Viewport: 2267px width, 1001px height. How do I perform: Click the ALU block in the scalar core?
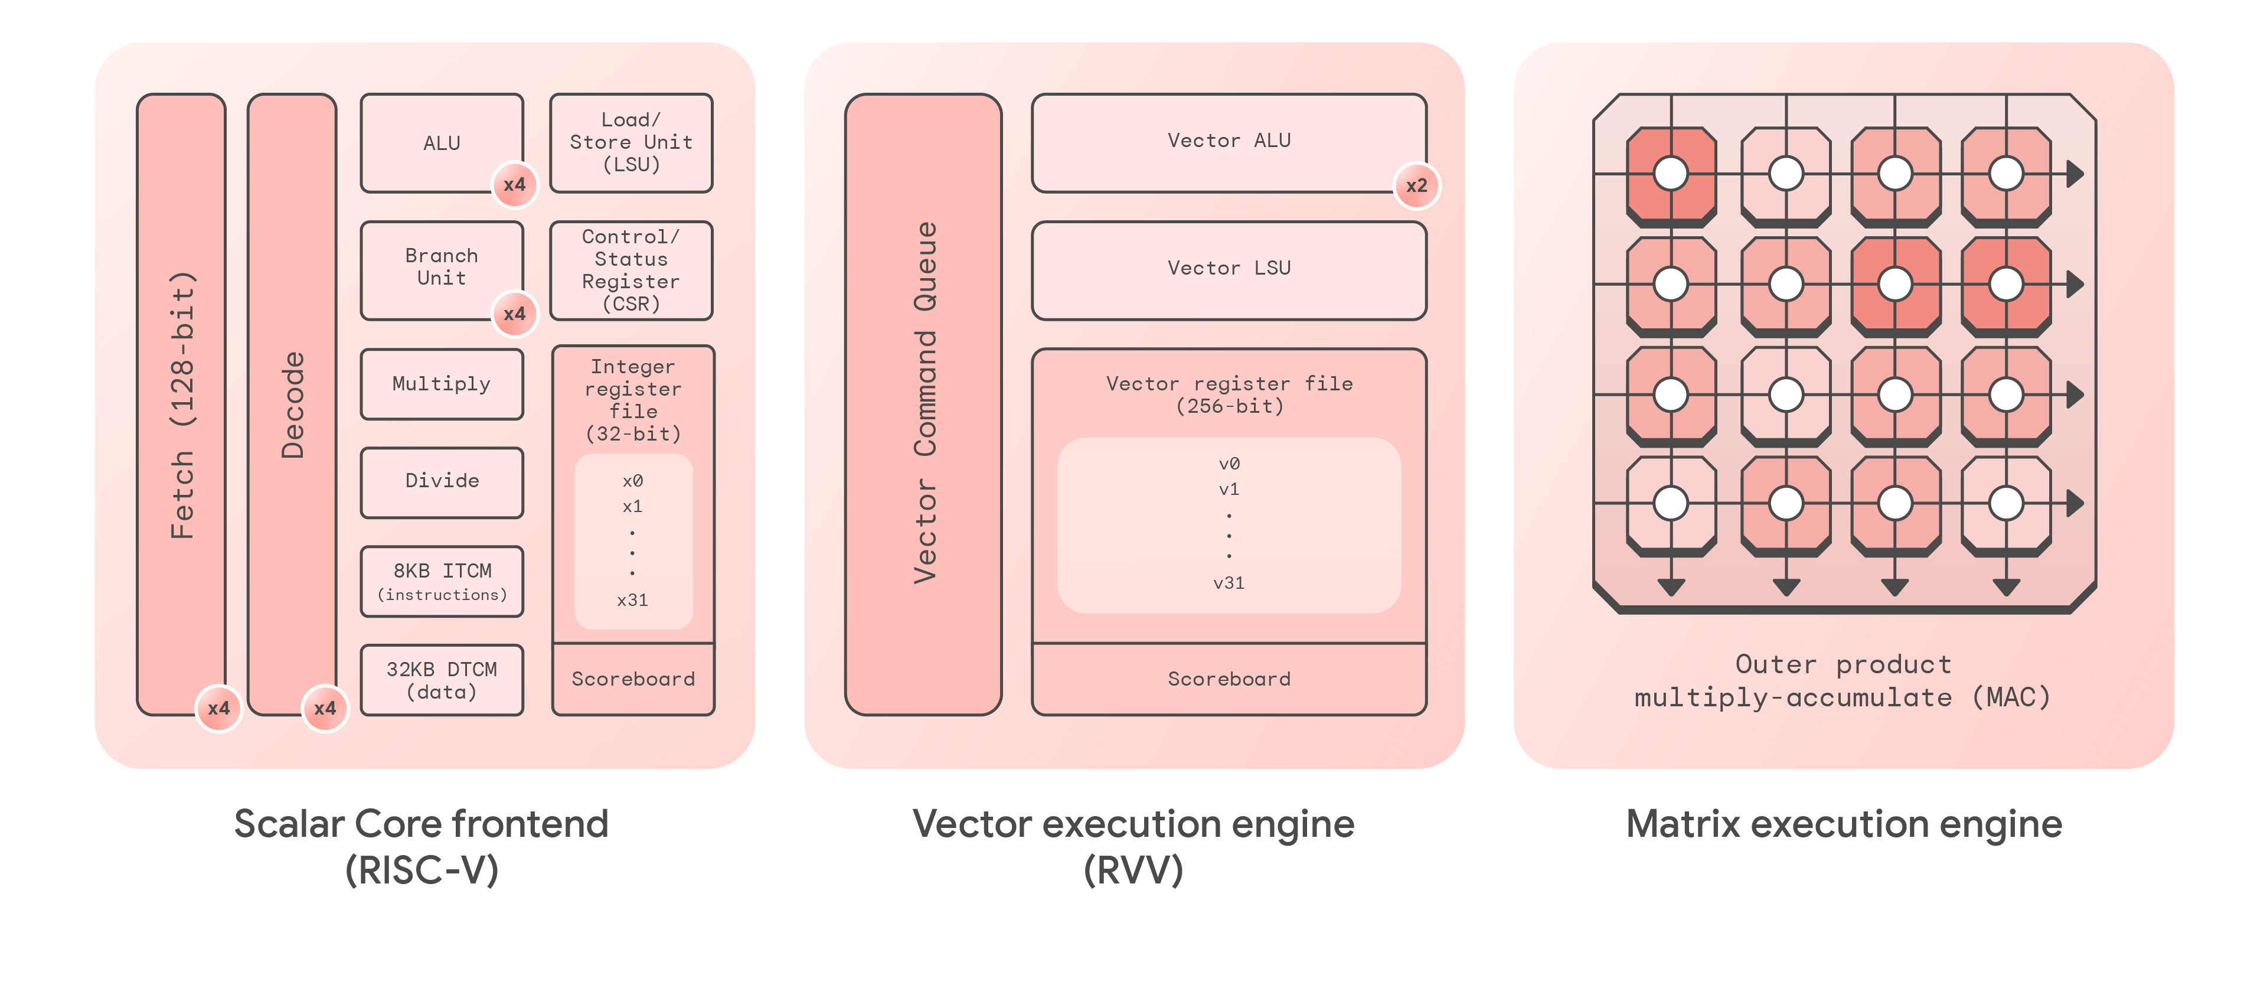coord(441,143)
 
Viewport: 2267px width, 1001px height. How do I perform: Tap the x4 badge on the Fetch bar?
coord(218,708)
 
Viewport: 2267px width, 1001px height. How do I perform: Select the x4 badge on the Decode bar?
coord(325,708)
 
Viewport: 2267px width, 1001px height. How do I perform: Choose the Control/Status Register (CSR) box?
coord(631,269)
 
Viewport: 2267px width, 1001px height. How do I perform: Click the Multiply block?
coord(441,384)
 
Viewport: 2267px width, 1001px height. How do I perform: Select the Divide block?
coord(441,481)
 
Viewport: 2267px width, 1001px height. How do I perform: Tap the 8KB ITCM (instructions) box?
coord(441,581)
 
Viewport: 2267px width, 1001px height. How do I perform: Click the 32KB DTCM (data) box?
coord(441,680)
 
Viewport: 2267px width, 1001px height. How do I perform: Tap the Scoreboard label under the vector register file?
coord(1229,679)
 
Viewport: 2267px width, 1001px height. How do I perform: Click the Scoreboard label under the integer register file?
coord(633,679)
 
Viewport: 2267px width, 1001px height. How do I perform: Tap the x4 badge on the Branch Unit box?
coord(514,314)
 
